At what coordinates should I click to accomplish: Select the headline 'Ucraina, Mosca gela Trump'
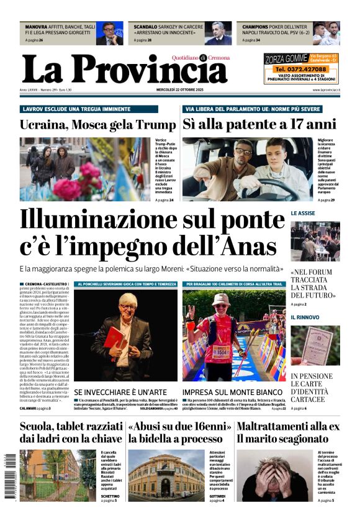click(97, 124)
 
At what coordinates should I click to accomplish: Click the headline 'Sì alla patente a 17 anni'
click(259, 124)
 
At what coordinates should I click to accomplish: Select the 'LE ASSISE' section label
click(303, 213)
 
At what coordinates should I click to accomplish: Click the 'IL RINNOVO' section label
click(304, 317)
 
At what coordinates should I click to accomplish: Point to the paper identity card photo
click(315, 345)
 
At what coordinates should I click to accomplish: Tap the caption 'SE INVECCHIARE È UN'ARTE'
click(120, 393)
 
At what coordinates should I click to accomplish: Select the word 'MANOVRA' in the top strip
click(36, 27)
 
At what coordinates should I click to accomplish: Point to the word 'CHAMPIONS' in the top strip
click(255, 27)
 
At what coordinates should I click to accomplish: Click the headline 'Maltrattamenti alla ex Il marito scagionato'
click(288, 432)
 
